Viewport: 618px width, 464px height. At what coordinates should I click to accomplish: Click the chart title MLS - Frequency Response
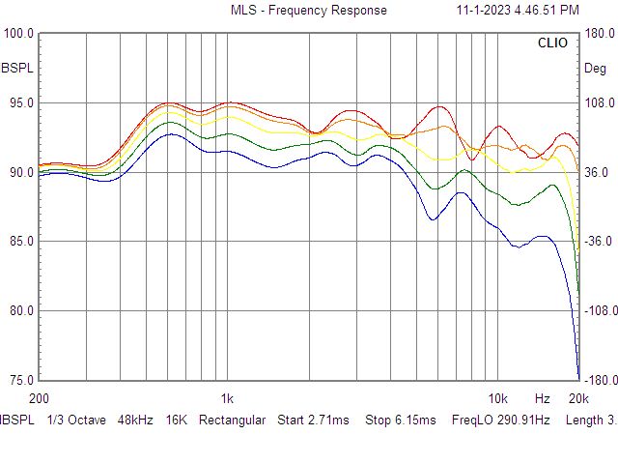click(x=308, y=10)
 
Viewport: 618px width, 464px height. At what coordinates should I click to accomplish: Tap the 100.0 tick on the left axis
click(x=19, y=34)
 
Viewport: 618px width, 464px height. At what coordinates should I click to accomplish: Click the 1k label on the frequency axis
click(x=227, y=398)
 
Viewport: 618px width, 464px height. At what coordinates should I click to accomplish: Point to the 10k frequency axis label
click(x=497, y=398)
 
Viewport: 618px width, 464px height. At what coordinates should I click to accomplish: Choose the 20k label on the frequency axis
click(x=577, y=398)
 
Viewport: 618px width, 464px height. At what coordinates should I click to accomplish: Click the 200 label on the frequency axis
click(x=40, y=398)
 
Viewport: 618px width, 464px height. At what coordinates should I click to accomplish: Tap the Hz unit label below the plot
click(x=543, y=398)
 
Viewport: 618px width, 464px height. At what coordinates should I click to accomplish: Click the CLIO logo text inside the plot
click(x=552, y=43)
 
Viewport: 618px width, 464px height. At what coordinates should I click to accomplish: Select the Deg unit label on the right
click(x=596, y=69)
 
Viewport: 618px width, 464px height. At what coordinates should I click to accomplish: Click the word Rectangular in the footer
click(x=232, y=420)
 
